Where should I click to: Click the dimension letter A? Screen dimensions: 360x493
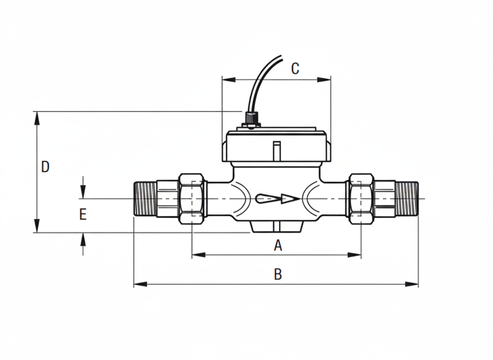coord(278,245)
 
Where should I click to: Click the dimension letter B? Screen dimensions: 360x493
coord(278,275)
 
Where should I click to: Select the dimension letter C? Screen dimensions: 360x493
coord(295,69)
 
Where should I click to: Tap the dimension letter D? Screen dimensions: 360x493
coord(45,167)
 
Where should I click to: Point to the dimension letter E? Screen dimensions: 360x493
coord(83,215)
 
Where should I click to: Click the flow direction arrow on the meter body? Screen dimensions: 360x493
coord(277,199)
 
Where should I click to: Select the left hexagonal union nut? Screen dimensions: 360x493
coord(192,199)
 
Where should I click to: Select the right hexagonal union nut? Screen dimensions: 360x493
coord(361,199)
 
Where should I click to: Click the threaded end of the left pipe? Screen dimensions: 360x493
coord(144,199)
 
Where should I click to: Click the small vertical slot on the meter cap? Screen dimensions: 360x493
coord(276,150)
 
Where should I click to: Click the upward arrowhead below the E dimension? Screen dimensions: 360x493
coord(83,239)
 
